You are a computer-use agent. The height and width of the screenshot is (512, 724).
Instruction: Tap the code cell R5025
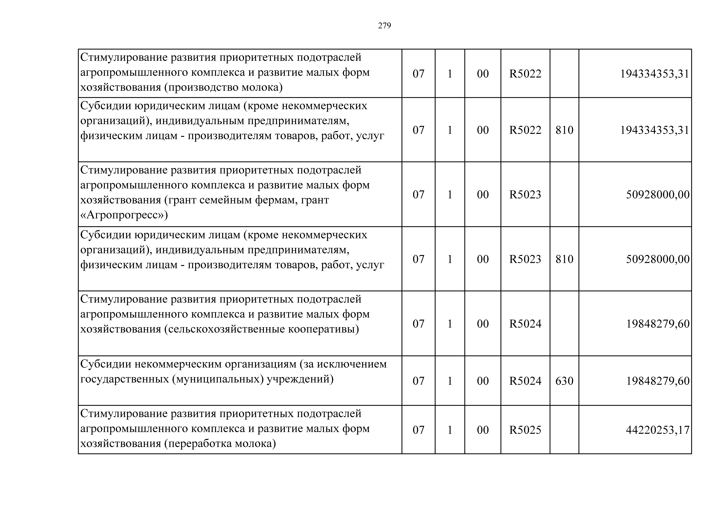525,430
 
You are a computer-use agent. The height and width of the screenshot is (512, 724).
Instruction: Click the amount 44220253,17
657,430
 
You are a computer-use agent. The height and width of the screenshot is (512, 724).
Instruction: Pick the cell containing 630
564,381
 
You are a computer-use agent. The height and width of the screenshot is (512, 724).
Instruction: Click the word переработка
200,444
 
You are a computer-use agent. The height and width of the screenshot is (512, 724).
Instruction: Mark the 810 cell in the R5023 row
564,259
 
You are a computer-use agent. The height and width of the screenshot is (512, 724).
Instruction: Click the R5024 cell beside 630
525,381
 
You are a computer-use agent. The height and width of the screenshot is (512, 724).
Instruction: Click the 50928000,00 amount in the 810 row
657,259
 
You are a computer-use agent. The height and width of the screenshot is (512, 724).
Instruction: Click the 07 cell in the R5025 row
418,430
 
